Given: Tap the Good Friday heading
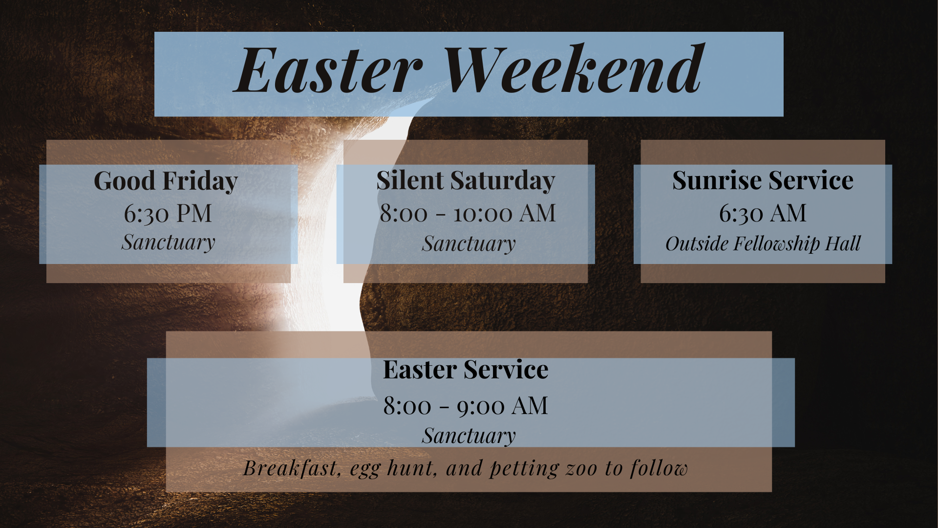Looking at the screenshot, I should [166, 181].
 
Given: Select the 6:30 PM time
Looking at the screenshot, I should [168, 214].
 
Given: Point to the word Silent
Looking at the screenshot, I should [409, 180].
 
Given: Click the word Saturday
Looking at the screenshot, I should [503, 181].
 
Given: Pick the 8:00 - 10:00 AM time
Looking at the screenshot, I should [468, 214].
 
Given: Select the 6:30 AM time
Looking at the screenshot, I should [762, 214].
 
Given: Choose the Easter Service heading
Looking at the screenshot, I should [465, 370].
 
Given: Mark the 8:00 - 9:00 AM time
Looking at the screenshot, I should [465, 406].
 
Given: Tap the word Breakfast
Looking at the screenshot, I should [292, 468].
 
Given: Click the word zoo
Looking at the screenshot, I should [581, 469].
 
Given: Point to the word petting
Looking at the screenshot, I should [524, 469].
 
